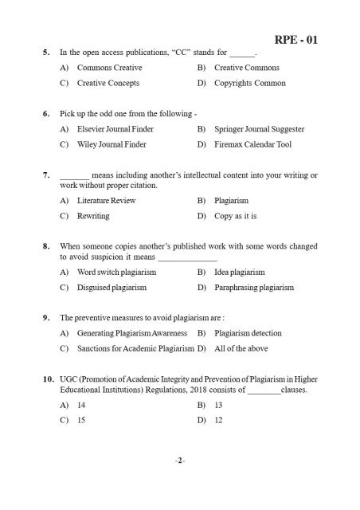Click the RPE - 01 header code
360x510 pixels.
click(x=296, y=39)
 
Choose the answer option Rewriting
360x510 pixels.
click(x=93, y=216)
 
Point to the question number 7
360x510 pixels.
click(x=47, y=175)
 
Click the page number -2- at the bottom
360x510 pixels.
click(x=180, y=461)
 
